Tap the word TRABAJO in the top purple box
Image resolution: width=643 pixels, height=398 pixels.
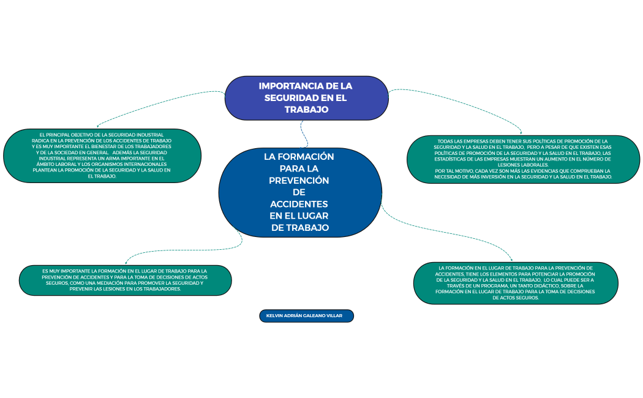click(306, 110)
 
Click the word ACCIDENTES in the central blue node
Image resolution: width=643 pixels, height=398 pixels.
click(299, 204)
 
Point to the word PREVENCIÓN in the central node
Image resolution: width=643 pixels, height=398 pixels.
click(299, 181)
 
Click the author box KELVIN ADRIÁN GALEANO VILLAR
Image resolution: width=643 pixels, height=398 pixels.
click(306, 316)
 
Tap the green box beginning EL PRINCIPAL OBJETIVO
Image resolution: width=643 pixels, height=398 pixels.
click(102, 156)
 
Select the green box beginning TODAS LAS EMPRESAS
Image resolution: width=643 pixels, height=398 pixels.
click(523, 159)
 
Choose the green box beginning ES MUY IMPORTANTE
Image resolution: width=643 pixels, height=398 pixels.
click(125, 280)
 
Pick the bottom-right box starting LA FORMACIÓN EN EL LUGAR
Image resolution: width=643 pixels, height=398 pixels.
click(515, 283)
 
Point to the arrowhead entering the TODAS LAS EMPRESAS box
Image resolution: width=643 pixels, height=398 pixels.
click(521, 133)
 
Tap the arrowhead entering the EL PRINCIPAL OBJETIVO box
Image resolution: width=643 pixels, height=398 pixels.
click(98, 126)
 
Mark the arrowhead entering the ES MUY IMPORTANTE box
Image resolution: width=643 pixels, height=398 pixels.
click(126, 263)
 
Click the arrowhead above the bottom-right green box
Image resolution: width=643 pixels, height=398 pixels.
click(511, 260)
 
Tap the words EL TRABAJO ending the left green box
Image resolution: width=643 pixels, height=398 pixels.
click(102, 176)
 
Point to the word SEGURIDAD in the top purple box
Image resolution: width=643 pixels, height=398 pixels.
click(290, 98)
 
